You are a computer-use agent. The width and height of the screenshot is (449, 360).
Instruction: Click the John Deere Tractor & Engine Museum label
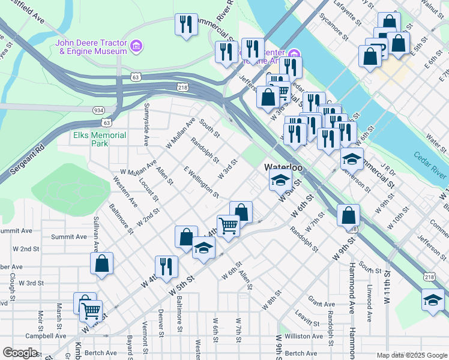pyautogui.click(x=93, y=47)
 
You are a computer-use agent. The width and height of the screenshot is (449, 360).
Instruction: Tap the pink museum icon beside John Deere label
pyautogui.click(x=137, y=46)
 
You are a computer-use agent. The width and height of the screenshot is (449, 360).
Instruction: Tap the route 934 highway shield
pyautogui.click(x=98, y=110)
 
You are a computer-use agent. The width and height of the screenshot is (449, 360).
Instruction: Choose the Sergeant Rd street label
pyautogui.click(x=23, y=162)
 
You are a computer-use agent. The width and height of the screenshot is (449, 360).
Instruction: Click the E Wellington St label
pyautogui.click(x=202, y=182)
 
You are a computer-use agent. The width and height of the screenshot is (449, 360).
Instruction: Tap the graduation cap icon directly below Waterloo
pyautogui.click(x=280, y=179)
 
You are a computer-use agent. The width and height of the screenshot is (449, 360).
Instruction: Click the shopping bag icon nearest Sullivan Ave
pyautogui.click(x=102, y=262)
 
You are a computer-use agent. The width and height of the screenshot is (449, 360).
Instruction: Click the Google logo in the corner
pyautogui.click(x=20, y=353)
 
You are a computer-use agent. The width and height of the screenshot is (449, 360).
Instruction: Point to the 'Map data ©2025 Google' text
pyautogui.click(x=411, y=355)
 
